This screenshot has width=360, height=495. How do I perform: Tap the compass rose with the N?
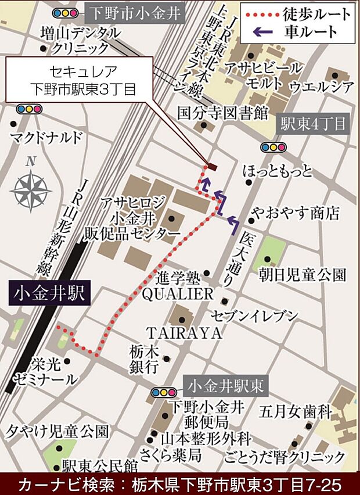31,185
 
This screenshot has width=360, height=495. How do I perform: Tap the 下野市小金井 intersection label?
134,12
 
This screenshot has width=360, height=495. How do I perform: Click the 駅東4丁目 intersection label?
313,124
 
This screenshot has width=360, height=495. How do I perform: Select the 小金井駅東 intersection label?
226,385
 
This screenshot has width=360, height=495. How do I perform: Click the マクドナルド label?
47,138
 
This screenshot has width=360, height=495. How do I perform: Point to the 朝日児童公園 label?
310,273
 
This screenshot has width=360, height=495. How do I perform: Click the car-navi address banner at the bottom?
180,483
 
